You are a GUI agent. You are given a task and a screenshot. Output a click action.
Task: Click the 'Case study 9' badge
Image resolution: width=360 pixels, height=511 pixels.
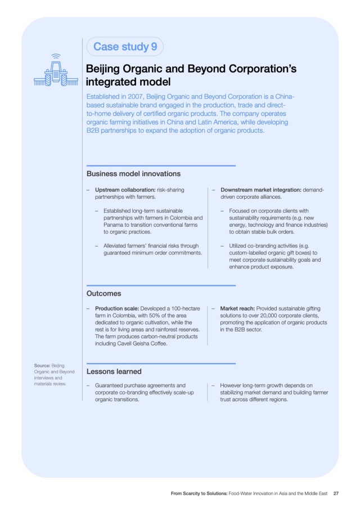[x=125, y=47]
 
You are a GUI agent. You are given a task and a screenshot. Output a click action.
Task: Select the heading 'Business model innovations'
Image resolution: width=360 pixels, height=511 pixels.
[x=133, y=173]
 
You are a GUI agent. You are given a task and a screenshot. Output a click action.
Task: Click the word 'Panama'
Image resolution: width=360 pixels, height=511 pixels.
[x=116, y=224]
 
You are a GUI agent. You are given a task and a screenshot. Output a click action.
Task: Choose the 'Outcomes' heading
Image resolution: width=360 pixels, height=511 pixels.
[x=103, y=293]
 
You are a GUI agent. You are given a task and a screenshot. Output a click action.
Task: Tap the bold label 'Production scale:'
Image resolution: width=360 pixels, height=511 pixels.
[x=117, y=309]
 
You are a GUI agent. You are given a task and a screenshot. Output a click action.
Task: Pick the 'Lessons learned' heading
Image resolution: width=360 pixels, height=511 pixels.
[x=114, y=371]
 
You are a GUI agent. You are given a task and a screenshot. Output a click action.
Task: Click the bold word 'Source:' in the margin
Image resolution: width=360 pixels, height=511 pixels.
[x=42, y=365]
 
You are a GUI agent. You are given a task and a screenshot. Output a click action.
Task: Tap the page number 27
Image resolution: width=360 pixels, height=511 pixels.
[x=336, y=494]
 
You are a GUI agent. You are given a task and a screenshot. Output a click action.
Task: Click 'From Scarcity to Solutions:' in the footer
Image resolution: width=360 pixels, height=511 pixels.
[x=199, y=494]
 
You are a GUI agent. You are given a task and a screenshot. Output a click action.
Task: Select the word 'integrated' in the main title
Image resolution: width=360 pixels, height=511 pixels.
[x=110, y=83]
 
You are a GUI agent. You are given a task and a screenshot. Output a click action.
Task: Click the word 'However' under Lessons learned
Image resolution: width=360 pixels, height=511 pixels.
[x=232, y=385]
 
